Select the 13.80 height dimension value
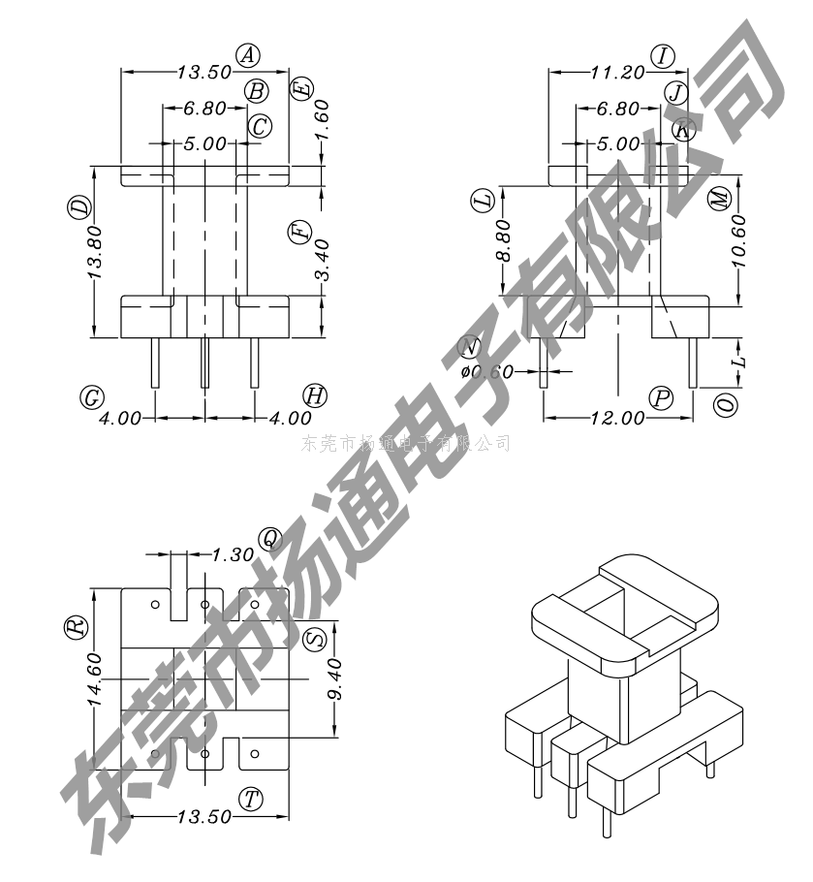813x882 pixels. click(x=95, y=255)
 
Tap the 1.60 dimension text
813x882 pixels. click(x=323, y=119)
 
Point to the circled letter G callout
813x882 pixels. click(x=93, y=397)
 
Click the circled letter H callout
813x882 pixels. click(x=314, y=394)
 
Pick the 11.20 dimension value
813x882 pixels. click(x=617, y=72)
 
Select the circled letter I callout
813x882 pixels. click(x=663, y=55)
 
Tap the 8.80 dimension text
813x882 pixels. click(x=503, y=242)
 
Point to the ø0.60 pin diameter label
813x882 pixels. click(x=486, y=371)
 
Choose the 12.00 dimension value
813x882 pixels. click(x=617, y=418)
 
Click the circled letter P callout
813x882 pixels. click(x=662, y=397)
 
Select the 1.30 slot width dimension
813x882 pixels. click(x=233, y=555)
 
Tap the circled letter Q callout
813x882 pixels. click(x=268, y=539)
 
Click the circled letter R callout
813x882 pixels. click(x=76, y=627)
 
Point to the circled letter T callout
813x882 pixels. click(x=252, y=799)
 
